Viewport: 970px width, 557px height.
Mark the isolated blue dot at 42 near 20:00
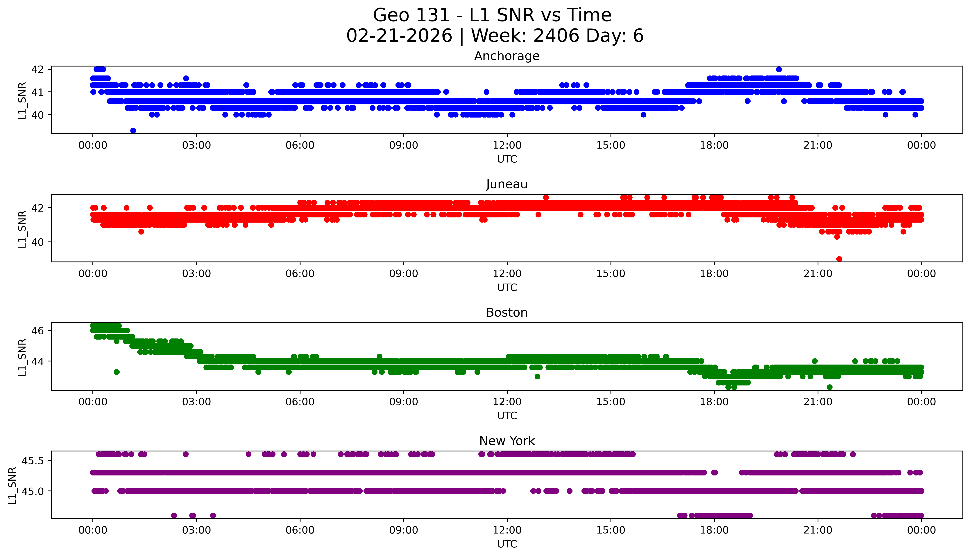pyautogui.click(x=779, y=69)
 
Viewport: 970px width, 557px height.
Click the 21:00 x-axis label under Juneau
pyautogui.click(x=818, y=273)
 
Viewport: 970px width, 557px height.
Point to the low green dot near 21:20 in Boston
pyautogui.click(x=830, y=387)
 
